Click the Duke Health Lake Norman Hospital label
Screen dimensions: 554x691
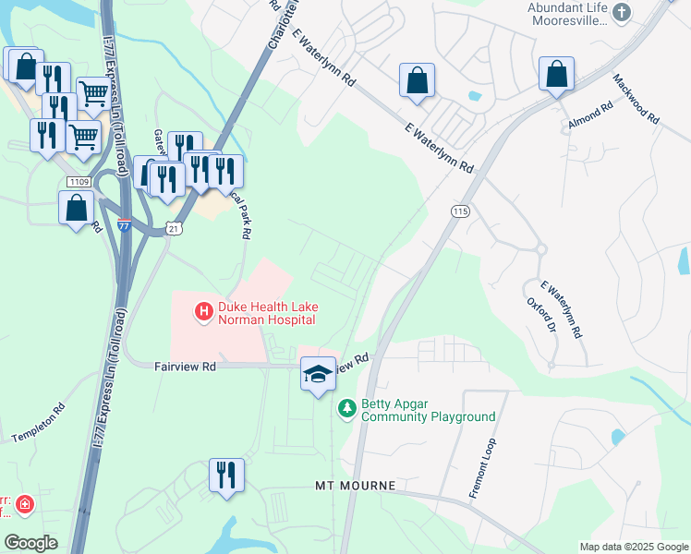pyautogui.click(x=266, y=313)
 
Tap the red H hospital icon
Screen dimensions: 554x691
pyautogui.click(x=202, y=312)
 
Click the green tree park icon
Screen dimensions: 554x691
pyautogui.click(x=346, y=407)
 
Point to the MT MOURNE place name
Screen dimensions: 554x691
pyautogui.click(x=356, y=486)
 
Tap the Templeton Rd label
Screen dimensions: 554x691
pyautogui.click(x=38, y=424)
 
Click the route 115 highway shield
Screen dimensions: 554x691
pyautogui.click(x=460, y=211)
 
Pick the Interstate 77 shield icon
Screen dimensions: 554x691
pyautogui.click(x=125, y=224)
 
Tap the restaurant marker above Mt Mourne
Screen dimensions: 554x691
pyautogui.click(x=226, y=476)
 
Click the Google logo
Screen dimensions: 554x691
pyautogui.click(x=30, y=543)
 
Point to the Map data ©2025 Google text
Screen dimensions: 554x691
pyautogui.click(x=633, y=547)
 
